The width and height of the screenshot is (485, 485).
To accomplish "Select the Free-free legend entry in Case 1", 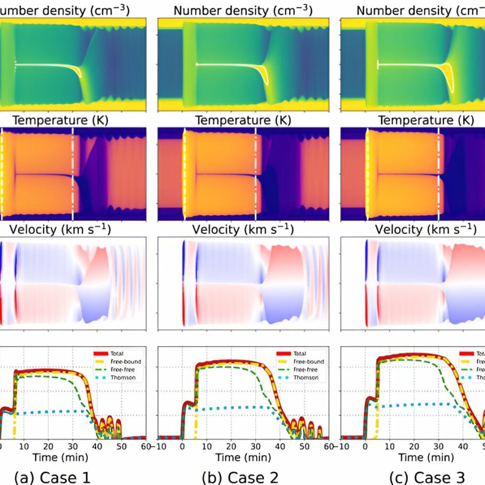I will point(123,369).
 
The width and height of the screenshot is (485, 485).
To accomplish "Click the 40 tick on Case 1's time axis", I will point(97,446).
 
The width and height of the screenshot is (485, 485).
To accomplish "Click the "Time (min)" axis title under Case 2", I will point(243,457).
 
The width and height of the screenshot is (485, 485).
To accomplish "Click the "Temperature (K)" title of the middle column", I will point(243,121).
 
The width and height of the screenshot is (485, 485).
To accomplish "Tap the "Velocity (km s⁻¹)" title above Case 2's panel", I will point(243,230).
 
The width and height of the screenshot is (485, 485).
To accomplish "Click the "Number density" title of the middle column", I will point(243,11).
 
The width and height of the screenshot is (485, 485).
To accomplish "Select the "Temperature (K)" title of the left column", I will point(60,121).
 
